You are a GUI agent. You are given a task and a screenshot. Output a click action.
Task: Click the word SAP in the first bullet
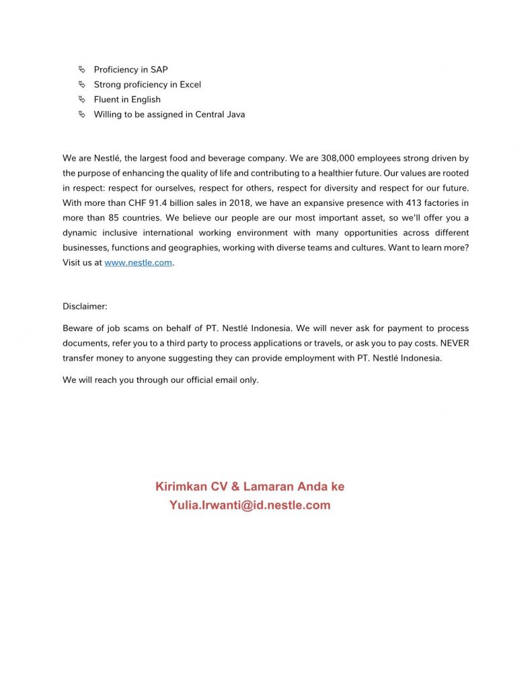click(x=159, y=70)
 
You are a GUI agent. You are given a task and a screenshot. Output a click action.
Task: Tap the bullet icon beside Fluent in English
click(x=81, y=100)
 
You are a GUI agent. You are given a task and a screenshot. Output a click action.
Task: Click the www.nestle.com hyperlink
click(x=138, y=263)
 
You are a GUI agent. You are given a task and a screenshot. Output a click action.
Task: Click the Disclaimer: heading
click(x=85, y=307)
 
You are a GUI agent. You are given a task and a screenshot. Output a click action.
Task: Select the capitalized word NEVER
click(x=455, y=343)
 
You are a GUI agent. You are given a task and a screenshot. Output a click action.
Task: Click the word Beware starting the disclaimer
click(x=78, y=328)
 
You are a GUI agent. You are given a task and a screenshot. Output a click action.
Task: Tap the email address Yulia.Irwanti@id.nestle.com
click(x=250, y=505)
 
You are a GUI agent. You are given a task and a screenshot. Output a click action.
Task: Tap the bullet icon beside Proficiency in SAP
click(x=81, y=70)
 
